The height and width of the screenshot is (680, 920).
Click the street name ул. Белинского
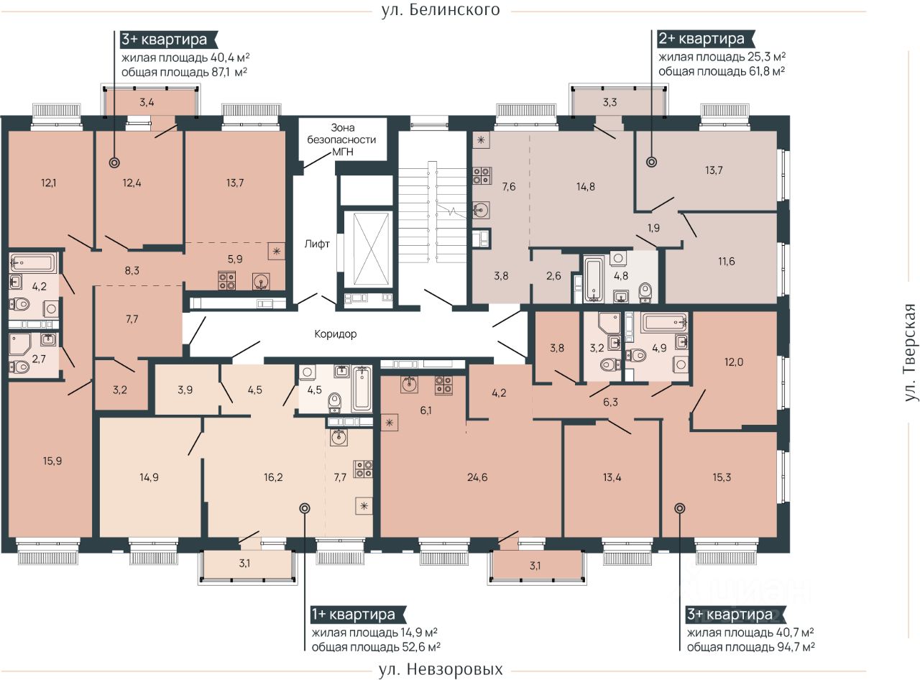coord(441,10)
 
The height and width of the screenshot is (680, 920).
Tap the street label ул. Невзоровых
coord(441,669)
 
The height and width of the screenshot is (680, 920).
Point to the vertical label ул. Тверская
coord(911,353)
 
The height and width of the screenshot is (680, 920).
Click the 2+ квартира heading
coord(701,39)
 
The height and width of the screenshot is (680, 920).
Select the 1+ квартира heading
coord(354,614)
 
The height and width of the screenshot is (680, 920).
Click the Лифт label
coord(317,244)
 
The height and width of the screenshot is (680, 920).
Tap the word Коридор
coord(335,334)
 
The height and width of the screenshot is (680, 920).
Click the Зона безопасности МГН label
coord(342,140)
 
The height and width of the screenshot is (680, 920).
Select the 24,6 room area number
coord(477,477)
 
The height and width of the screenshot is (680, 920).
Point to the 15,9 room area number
coord(52,461)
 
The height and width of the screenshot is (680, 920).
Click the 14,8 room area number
coord(585,187)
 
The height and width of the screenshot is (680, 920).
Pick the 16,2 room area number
coord(273,477)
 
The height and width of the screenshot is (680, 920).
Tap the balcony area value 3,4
coord(147,102)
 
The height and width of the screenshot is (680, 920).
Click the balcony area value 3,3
coord(609,102)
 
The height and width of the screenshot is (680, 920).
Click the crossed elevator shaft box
coord(367,249)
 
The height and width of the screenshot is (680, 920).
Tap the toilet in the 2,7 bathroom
coord(19,367)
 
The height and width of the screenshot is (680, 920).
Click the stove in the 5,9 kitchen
coord(227,280)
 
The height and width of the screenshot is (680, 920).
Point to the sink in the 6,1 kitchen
coord(410,384)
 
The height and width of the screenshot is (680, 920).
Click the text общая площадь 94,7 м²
coord(750,647)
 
